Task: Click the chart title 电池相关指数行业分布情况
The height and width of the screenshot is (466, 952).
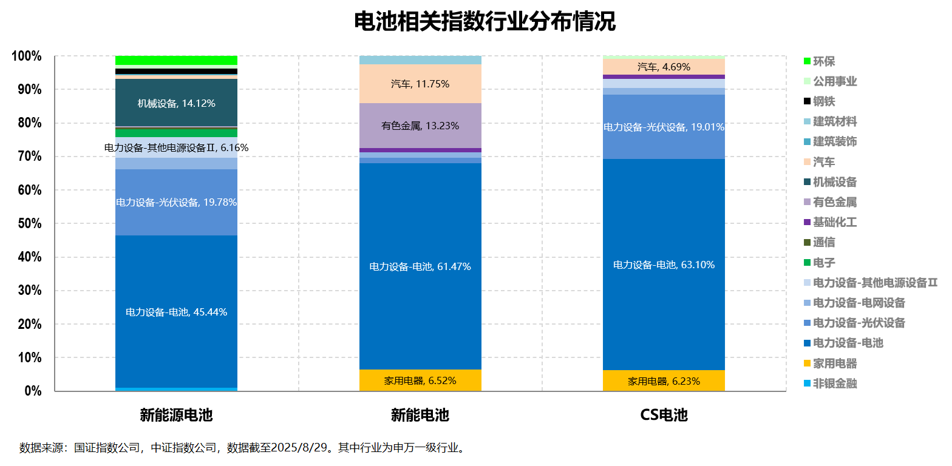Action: point(484,22)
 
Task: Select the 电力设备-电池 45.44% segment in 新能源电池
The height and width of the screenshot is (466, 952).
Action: point(176,312)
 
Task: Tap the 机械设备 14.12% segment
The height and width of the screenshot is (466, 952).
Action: point(176,103)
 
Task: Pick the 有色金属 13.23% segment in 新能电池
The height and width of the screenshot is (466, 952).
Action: point(420,126)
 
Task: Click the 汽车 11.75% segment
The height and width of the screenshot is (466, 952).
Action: point(420,84)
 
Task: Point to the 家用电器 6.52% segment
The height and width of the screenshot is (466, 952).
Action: point(420,380)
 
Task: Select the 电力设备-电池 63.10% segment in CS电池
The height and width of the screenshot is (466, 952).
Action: point(664,265)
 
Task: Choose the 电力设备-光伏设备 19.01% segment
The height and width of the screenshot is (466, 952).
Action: point(664,127)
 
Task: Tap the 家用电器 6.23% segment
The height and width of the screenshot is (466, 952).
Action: point(664,381)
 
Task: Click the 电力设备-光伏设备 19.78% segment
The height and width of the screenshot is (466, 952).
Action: point(176,202)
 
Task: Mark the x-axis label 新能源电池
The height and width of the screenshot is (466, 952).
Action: point(176,415)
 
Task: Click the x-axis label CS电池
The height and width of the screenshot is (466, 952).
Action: point(664,415)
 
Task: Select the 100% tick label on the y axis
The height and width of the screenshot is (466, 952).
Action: point(27,56)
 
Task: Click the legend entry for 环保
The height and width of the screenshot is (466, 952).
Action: point(824,61)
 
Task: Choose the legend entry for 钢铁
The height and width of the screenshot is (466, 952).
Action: point(824,101)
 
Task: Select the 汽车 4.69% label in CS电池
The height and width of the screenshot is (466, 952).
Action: point(664,67)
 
